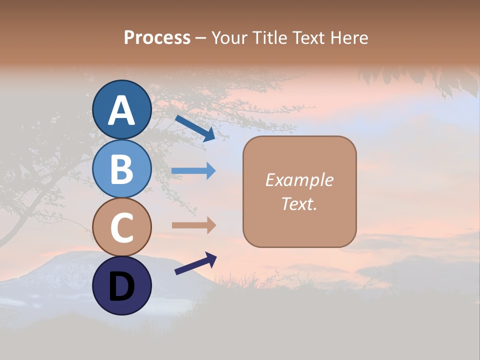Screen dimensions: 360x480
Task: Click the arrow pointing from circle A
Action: click(195, 128)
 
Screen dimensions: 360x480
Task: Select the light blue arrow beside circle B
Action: click(193, 171)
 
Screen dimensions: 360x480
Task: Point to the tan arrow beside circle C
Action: click(193, 225)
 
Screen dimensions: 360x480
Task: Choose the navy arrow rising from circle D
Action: click(195, 263)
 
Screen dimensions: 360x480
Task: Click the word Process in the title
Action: click(157, 37)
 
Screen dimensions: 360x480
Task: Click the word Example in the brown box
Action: click(299, 180)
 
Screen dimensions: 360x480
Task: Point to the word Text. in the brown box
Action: click(299, 203)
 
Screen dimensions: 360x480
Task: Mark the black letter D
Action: click(121, 286)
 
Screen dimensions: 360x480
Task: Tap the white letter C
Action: click(121, 227)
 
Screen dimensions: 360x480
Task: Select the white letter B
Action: click(121, 169)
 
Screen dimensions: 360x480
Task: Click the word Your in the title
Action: click(230, 37)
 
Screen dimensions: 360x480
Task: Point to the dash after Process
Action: click(200, 38)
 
